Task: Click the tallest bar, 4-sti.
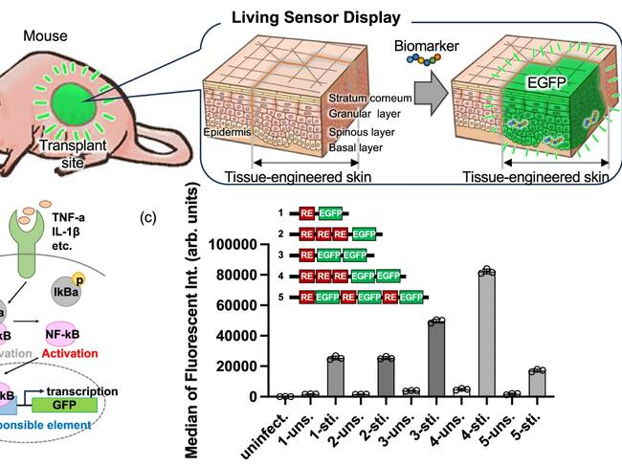[488, 333]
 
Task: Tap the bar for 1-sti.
[334, 376]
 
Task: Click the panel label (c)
[148, 216]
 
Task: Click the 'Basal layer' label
[357, 148]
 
